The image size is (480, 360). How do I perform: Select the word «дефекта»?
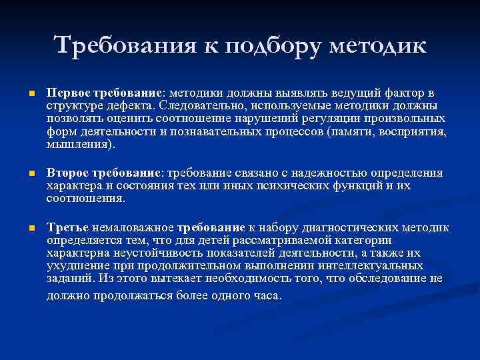(131, 105)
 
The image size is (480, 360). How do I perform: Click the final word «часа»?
(267, 295)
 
